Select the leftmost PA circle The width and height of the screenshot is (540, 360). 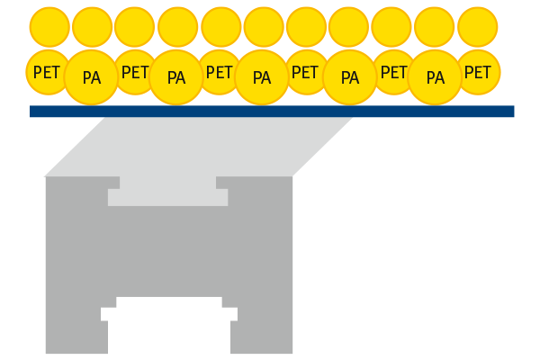point(91,77)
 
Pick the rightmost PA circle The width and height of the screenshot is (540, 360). point(436,77)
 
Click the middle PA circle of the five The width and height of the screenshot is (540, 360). point(262,77)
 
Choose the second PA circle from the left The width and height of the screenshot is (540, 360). point(176,77)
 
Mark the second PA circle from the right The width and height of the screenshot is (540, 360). point(349,77)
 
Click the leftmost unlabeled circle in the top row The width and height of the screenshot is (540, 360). point(49,27)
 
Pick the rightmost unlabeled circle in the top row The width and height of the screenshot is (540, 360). point(477,27)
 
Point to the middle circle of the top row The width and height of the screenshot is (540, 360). point(264,27)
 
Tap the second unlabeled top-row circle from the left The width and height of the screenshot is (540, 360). point(92,27)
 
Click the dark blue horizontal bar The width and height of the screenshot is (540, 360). point(270,112)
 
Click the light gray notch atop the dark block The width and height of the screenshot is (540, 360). point(168,191)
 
